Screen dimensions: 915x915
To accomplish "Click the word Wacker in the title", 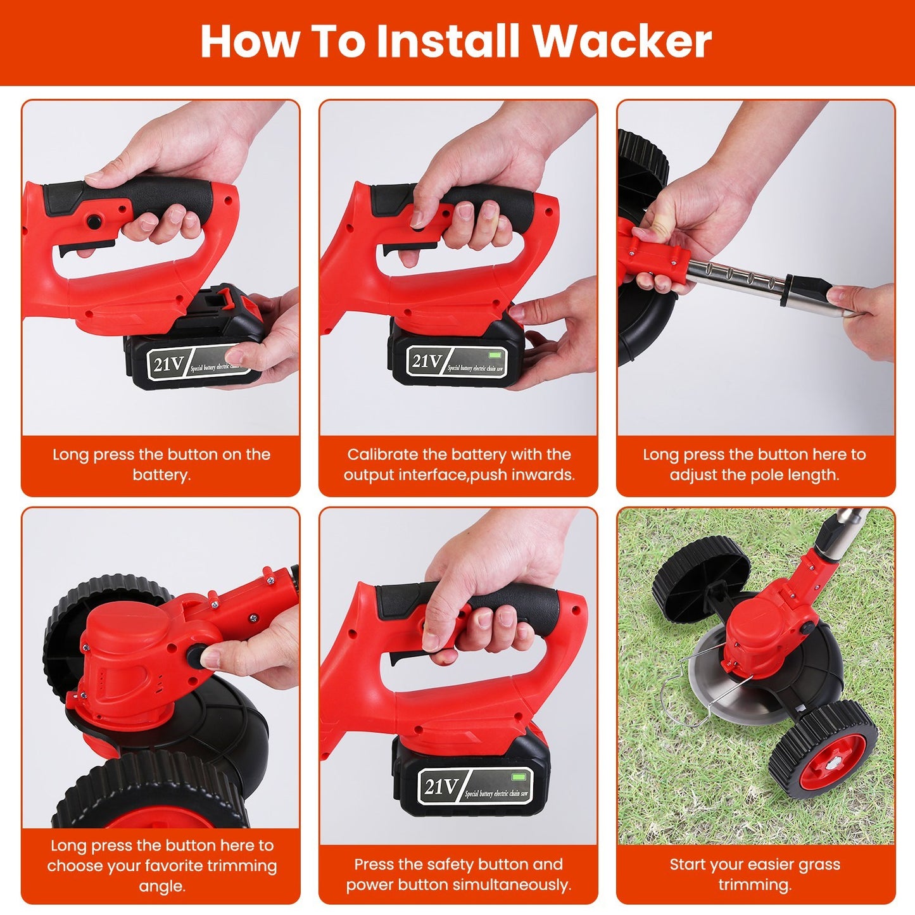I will (622, 42).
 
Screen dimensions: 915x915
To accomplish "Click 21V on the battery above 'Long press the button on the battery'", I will (168, 364).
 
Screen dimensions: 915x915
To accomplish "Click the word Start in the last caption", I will (687, 864).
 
